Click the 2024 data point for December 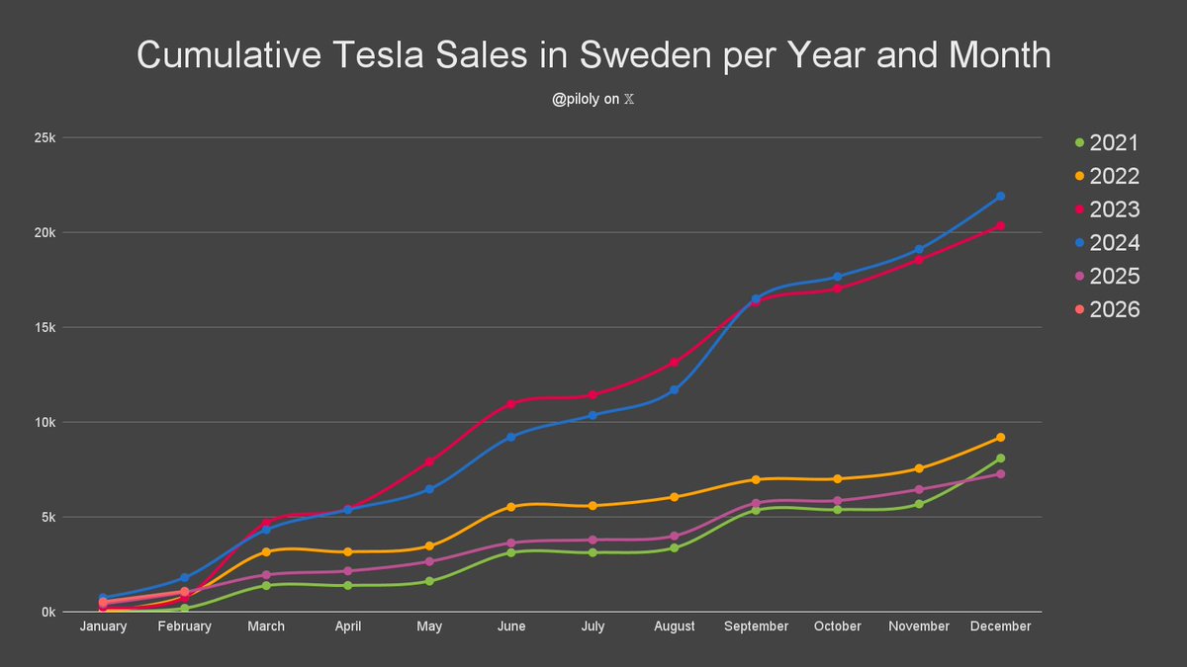coord(1000,196)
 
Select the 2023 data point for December coord(1000,226)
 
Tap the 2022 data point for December coord(1000,437)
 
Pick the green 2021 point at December coord(1000,458)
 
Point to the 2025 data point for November coord(919,489)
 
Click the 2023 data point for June coord(510,403)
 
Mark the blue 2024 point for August coord(674,389)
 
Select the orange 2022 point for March coord(266,551)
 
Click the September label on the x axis coord(756,626)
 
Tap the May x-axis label coord(429,626)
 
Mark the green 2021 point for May coord(429,581)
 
